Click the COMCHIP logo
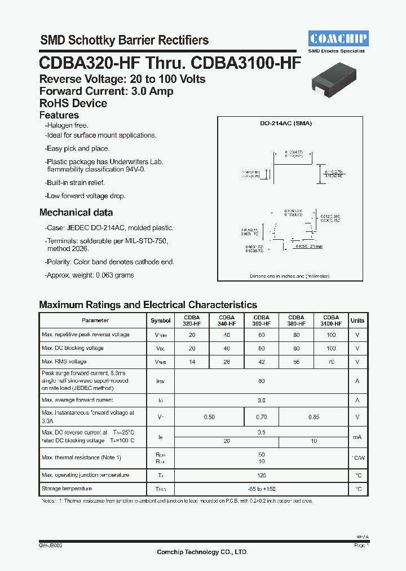point(338,38)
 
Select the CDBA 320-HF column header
point(192,320)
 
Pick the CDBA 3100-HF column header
point(331,320)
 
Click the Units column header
point(358,320)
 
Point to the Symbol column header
point(161,320)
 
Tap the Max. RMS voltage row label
point(64,362)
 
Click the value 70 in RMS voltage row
point(331,362)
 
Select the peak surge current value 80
point(262,381)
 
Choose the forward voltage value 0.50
point(209,418)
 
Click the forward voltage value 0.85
point(314,418)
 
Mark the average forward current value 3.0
point(262,401)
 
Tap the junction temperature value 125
point(262,476)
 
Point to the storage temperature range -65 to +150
point(262,489)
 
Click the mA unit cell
point(358,437)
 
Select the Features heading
point(59,115)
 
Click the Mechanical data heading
point(76,213)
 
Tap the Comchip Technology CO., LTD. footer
point(202,552)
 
